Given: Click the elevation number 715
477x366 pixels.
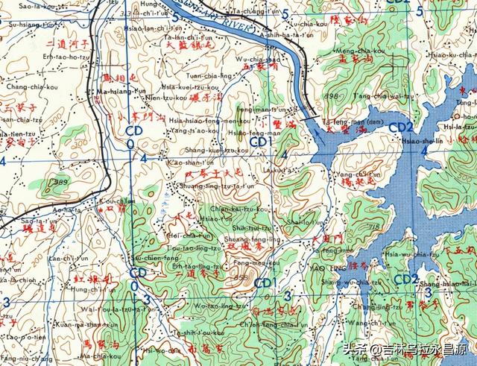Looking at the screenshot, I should (x=374, y=226).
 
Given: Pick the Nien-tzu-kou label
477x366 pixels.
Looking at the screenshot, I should (x=165, y=98).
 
